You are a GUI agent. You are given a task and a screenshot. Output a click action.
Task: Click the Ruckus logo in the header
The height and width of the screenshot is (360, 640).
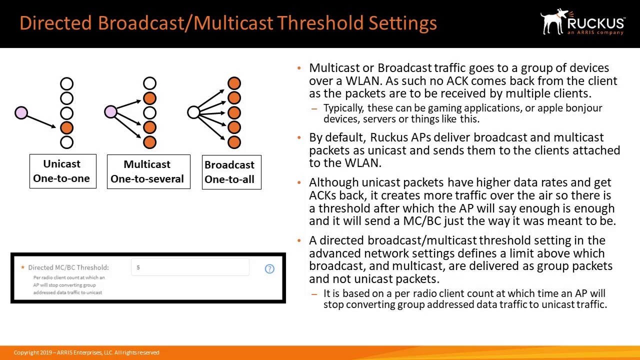(582, 22)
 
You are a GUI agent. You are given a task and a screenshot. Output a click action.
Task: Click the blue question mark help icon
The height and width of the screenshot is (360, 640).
(269, 269)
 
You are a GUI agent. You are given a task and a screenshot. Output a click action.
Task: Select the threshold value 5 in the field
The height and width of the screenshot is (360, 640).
(138, 267)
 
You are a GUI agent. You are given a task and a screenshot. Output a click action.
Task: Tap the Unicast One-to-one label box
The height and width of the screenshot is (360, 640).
(62, 171)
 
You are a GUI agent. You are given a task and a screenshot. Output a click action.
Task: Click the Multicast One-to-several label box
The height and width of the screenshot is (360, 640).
(148, 171)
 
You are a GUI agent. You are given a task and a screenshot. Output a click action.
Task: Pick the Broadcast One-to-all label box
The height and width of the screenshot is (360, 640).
(231, 172)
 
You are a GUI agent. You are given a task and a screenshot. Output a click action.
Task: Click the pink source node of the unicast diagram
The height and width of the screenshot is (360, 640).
(21, 112)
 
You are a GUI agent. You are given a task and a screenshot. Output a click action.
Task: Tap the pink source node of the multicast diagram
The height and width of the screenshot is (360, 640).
(110, 112)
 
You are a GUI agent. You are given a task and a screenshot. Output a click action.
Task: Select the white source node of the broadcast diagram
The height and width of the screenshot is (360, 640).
(193, 112)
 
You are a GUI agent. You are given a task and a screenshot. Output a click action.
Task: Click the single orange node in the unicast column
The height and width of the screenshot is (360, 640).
(66, 128)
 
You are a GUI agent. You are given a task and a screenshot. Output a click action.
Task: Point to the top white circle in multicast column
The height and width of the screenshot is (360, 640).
(149, 83)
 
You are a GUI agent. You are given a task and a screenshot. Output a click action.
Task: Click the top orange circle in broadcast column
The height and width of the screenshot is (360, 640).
(234, 83)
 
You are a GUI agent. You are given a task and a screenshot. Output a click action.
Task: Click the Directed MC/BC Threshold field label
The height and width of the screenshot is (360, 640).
(68, 267)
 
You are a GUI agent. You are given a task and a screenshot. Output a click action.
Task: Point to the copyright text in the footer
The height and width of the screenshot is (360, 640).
(86, 352)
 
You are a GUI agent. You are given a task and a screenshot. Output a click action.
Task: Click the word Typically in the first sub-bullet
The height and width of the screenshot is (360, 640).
(343, 108)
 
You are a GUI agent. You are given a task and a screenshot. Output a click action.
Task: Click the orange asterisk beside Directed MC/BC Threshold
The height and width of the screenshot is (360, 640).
(22, 267)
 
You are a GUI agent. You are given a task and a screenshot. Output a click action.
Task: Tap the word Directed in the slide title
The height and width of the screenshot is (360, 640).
(56, 23)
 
